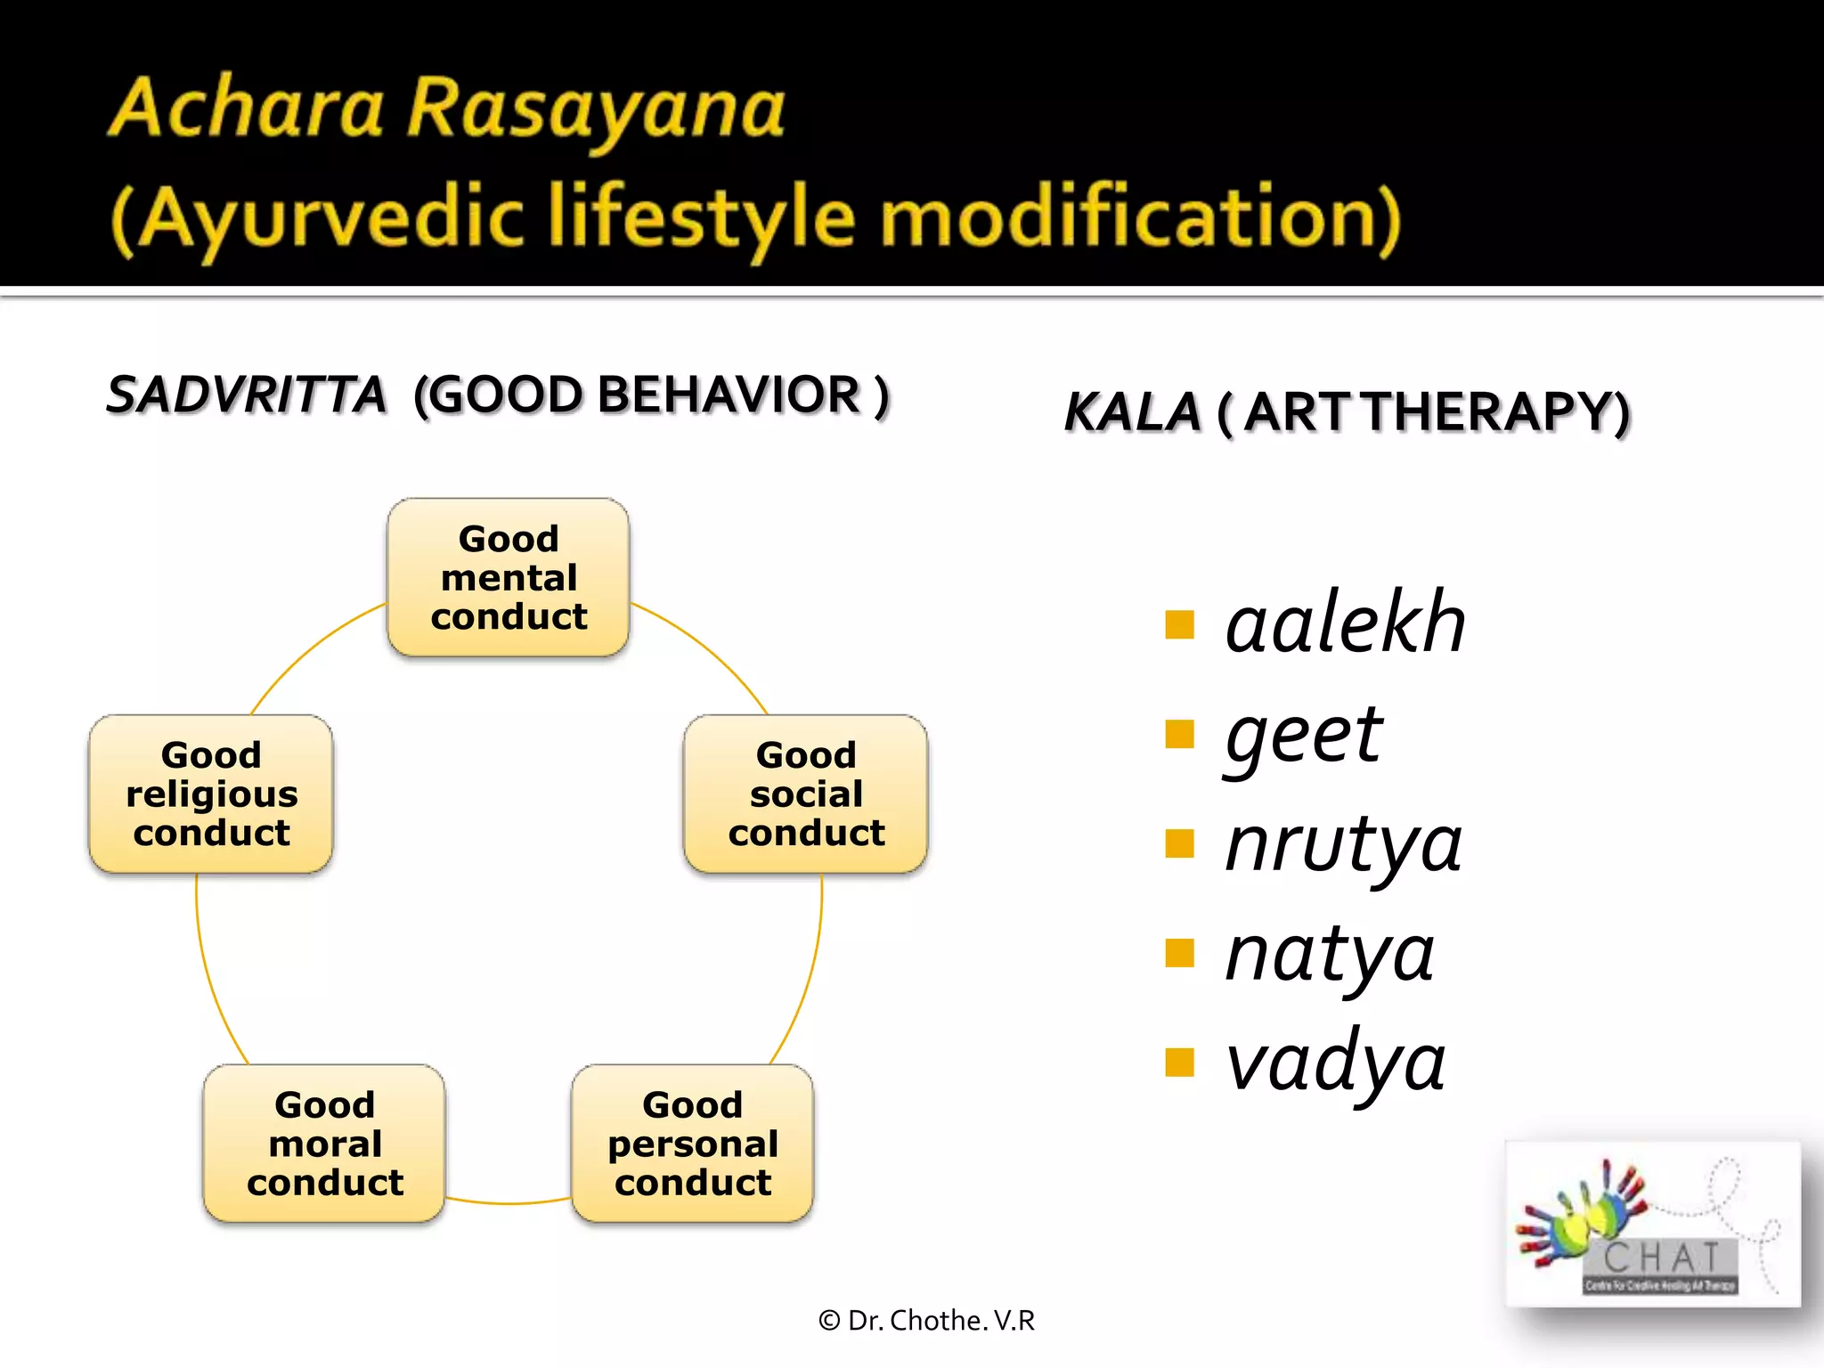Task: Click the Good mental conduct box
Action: (x=509, y=577)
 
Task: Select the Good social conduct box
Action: (x=806, y=794)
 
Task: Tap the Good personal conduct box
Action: (x=693, y=1144)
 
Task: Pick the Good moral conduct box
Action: (x=325, y=1144)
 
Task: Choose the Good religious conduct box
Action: (x=211, y=794)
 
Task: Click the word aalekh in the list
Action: (x=1345, y=623)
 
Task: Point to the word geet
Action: (x=1304, y=736)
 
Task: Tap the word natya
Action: (x=1330, y=955)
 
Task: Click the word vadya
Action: (x=1335, y=1063)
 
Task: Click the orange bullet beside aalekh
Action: (x=1179, y=625)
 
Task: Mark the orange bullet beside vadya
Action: (x=1179, y=1063)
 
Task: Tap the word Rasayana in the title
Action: (x=596, y=109)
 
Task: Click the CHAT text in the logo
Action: (x=1662, y=1258)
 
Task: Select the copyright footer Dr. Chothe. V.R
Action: (x=927, y=1321)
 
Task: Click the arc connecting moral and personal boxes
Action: (x=509, y=1203)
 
